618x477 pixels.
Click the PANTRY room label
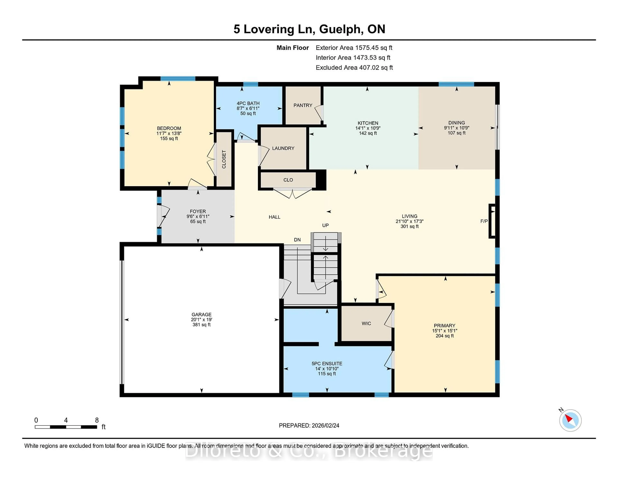click(x=303, y=105)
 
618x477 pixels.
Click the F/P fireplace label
click(x=484, y=221)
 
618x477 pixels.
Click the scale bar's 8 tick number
click(x=97, y=420)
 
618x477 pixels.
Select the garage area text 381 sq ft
click(x=201, y=325)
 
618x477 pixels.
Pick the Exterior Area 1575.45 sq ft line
click(x=354, y=48)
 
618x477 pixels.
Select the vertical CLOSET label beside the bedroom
click(x=224, y=159)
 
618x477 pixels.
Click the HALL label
click(x=274, y=217)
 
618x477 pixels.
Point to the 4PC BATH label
click(x=248, y=104)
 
